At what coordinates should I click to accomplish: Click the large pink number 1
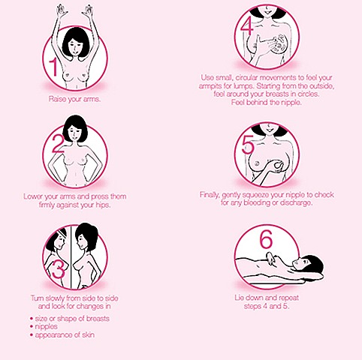click(53, 67)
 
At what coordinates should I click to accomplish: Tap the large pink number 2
click(58, 143)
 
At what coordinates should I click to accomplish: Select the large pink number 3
click(59, 270)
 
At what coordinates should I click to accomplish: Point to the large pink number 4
click(247, 27)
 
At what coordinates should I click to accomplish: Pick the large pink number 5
click(248, 145)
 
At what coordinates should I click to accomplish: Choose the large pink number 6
click(266, 238)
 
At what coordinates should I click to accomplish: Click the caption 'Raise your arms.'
click(74, 99)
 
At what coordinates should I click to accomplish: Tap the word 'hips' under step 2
click(103, 205)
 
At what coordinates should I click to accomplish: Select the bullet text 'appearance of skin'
click(65, 334)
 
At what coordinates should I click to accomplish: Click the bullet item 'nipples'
click(47, 326)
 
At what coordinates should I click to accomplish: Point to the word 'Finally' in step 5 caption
click(210, 194)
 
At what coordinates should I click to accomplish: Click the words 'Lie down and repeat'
click(267, 298)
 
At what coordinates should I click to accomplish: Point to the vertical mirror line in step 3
click(71, 256)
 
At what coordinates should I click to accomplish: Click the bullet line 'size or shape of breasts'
click(72, 319)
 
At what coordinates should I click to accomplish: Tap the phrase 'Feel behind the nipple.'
click(266, 102)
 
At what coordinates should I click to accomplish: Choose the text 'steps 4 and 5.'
click(267, 306)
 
